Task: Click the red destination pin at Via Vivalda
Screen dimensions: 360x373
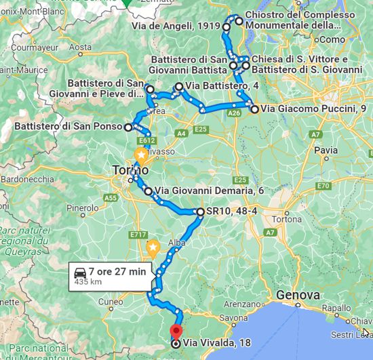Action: pyautogui.click(x=176, y=332)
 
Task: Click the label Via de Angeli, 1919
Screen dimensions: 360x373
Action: pyautogui.click(x=182, y=27)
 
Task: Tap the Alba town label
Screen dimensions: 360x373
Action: pyautogui.click(x=176, y=242)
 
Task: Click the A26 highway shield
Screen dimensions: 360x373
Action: pyautogui.click(x=234, y=114)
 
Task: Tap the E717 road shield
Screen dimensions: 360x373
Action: pyautogui.click(x=138, y=235)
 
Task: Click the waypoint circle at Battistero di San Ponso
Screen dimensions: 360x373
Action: pyautogui.click(x=128, y=126)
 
